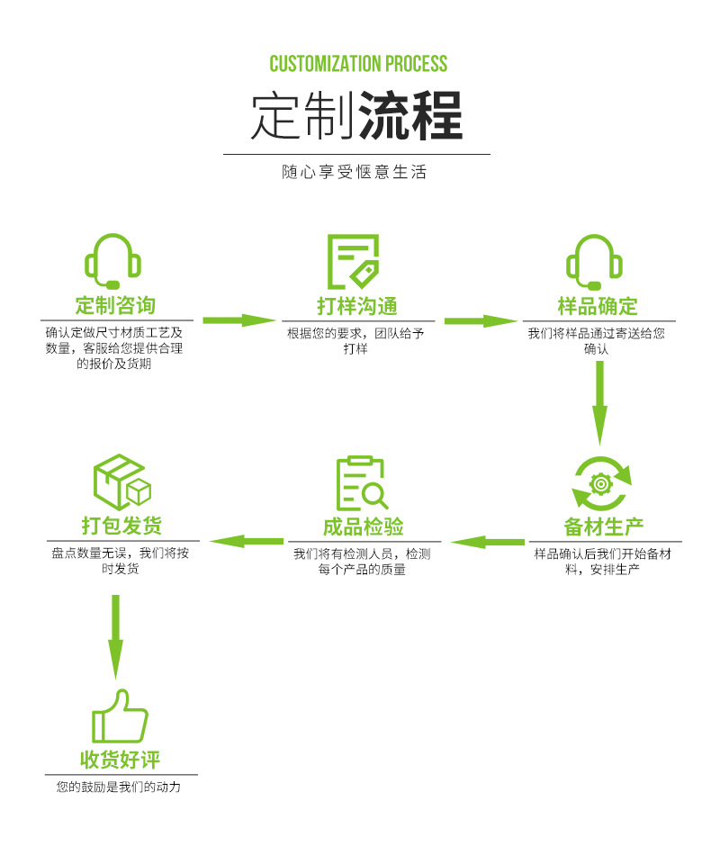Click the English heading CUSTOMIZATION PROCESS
tap(358, 64)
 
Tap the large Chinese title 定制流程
tap(356, 115)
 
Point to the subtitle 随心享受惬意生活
tap(355, 172)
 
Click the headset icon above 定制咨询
tap(112, 261)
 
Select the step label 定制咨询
tap(115, 305)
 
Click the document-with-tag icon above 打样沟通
tap(354, 262)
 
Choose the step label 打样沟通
tap(357, 306)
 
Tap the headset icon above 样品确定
tap(594, 262)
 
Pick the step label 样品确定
tap(598, 306)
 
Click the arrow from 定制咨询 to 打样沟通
tap(238, 320)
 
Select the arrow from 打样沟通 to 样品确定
tap(481, 320)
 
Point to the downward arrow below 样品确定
tap(599, 403)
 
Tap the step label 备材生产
tap(604, 526)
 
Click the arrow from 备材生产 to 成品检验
tap(488, 542)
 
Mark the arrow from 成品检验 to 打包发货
tap(247, 542)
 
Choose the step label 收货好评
tap(120, 759)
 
